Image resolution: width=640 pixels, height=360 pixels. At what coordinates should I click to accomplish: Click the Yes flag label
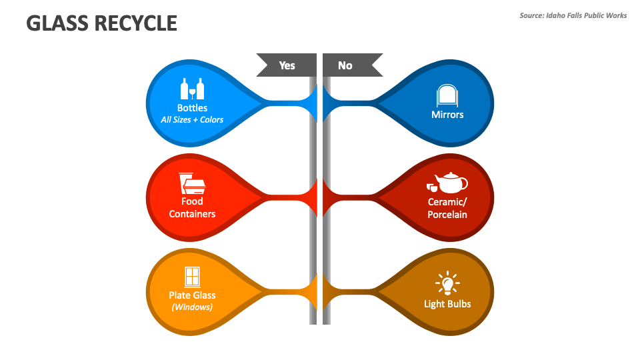pyautogui.click(x=287, y=65)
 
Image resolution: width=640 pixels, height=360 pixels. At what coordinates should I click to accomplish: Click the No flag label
pyautogui.click(x=345, y=65)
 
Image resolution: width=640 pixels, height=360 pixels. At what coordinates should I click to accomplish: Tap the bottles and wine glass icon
pyautogui.click(x=192, y=89)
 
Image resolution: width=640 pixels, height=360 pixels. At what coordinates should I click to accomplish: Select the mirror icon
pyautogui.click(x=447, y=96)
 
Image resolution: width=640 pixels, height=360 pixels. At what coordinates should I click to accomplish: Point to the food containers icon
pyautogui.click(x=192, y=183)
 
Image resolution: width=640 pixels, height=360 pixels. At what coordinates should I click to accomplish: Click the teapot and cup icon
pyautogui.click(x=447, y=182)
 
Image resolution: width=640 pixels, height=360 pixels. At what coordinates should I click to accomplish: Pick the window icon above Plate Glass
pyautogui.click(x=192, y=276)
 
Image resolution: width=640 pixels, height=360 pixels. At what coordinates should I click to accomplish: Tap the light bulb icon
pyautogui.click(x=447, y=283)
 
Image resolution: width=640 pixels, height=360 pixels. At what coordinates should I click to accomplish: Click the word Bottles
pyautogui.click(x=192, y=108)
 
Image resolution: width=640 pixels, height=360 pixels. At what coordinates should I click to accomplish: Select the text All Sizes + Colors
pyautogui.click(x=192, y=120)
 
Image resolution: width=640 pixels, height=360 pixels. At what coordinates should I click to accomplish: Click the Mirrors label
pyautogui.click(x=447, y=115)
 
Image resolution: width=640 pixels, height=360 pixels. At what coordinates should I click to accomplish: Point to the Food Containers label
pyautogui.click(x=192, y=207)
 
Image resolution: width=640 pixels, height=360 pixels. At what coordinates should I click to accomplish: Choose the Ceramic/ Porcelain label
pyautogui.click(x=447, y=207)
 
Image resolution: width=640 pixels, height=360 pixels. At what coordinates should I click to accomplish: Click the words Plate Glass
pyautogui.click(x=192, y=295)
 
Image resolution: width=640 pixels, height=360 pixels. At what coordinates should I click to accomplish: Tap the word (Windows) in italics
pyautogui.click(x=192, y=307)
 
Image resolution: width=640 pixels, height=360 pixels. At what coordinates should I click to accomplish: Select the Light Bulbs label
pyautogui.click(x=447, y=304)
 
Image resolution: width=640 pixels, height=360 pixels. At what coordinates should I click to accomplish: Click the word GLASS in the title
pyautogui.click(x=57, y=24)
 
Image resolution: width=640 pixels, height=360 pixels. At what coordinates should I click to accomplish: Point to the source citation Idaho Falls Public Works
pyautogui.click(x=573, y=15)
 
